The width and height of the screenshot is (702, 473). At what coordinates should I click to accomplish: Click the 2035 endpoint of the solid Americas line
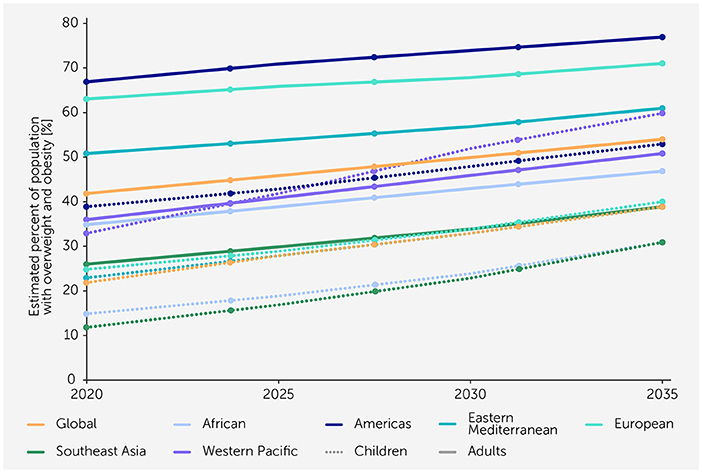(662, 37)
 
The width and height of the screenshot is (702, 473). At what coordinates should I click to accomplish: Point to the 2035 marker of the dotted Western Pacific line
(662, 113)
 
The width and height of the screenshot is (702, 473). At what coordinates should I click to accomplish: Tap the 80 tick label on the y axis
(66, 22)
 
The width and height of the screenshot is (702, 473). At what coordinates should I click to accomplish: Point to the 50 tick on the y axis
(66, 156)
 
